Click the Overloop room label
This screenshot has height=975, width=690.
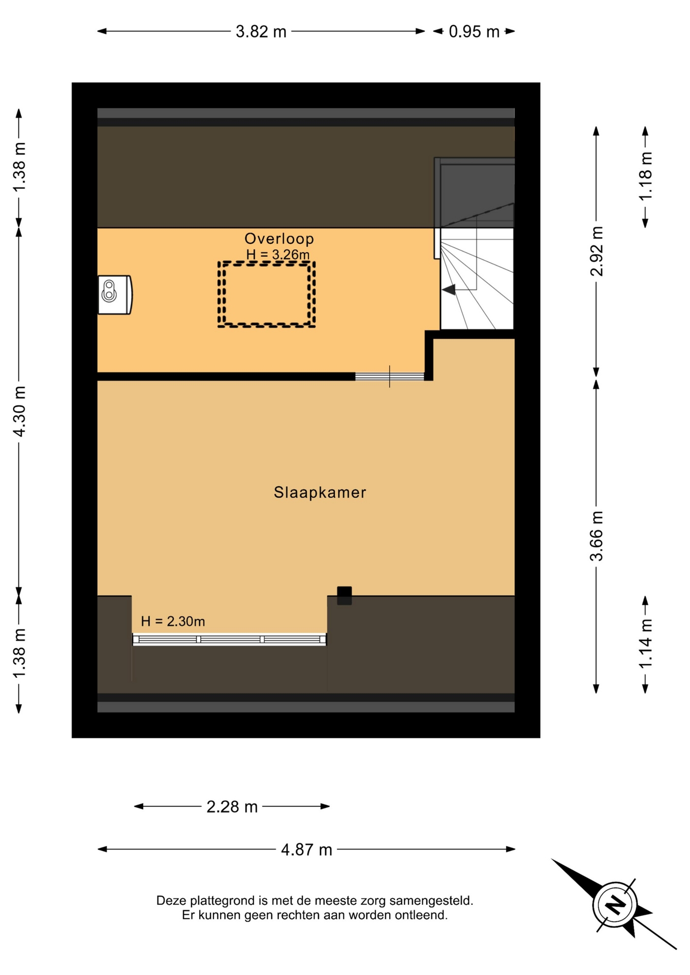(x=279, y=238)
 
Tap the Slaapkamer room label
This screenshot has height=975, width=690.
(x=320, y=492)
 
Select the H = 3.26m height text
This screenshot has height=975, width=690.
(x=278, y=254)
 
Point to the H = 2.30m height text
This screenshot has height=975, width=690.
(x=173, y=621)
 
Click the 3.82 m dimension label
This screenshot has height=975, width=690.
(x=261, y=31)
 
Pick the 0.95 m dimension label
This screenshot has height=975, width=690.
(x=474, y=31)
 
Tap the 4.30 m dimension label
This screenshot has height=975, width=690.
(x=19, y=411)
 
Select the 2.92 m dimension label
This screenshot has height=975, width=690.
(x=597, y=251)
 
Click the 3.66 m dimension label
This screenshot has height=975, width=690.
(x=597, y=536)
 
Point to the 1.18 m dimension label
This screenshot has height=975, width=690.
(x=645, y=176)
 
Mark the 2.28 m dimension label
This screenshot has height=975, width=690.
(x=232, y=806)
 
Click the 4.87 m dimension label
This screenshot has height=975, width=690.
(x=306, y=850)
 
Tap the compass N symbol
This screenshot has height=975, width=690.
(x=615, y=904)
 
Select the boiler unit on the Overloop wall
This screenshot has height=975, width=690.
(x=115, y=295)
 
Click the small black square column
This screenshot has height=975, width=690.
(x=344, y=596)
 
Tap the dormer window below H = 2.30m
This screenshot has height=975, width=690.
(x=229, y=639)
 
